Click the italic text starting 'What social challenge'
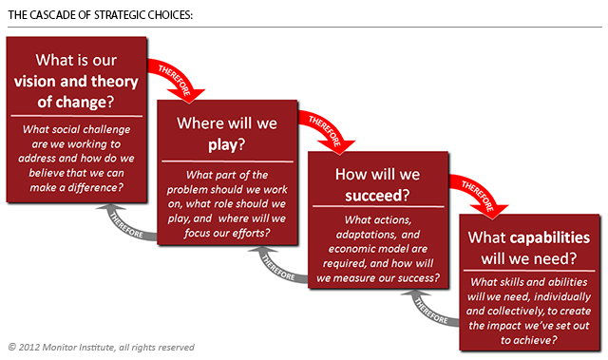pos(76,158)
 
